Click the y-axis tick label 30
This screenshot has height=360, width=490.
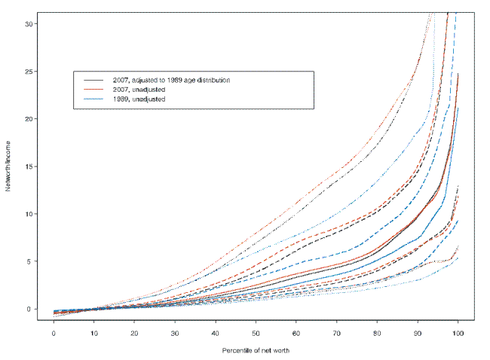(28, 24)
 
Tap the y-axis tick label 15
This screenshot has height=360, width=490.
(28, 166)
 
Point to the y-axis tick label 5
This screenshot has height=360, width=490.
(30, 261)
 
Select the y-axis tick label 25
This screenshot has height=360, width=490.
(28, 72)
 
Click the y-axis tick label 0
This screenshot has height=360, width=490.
(30, 309)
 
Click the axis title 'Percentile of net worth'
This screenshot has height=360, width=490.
(256, 351)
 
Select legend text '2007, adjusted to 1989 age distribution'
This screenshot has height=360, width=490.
(176, 79)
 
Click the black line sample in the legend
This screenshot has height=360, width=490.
(93, 79)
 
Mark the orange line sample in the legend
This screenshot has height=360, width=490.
(93, 89)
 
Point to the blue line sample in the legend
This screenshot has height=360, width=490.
(93, 99)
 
